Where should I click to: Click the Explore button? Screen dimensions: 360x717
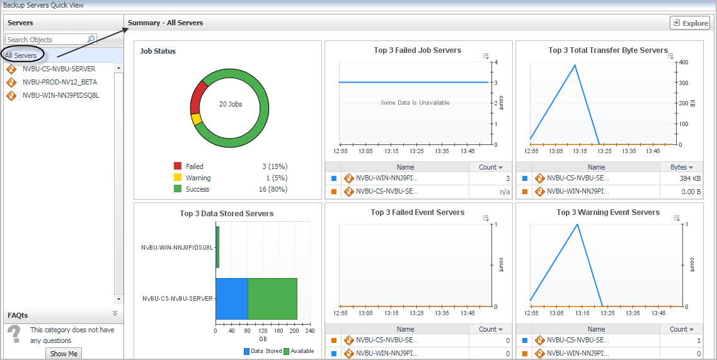tap(690, 23)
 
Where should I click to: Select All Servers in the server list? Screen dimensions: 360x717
tap(21, 55)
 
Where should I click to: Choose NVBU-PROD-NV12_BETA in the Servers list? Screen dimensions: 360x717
tap(59, 82)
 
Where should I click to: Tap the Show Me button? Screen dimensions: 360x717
tap(64, 354)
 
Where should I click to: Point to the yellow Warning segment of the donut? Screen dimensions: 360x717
tap(196, 119)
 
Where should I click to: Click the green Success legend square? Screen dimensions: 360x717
tap(178, 189)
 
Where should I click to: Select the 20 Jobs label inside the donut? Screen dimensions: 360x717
tap(230, 104)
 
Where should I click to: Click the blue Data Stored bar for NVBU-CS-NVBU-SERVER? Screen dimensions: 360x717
tap(231, 298)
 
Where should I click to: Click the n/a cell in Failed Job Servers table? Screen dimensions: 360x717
tap(504, 192)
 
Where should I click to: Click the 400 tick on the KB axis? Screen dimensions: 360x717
tap(684, 62)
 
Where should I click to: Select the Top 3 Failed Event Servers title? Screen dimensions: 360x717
tap(417, 212)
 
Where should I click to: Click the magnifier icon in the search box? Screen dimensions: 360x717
tap(91, 39)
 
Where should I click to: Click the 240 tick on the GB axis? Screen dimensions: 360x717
tap(309, 330)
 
